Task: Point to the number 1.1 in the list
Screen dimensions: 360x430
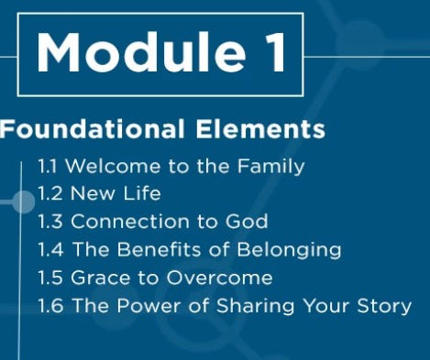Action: click(x=49, y=167)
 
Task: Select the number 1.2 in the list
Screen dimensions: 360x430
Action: click(x=50, y=194)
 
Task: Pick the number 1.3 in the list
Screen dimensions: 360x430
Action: click(x=50, y=222)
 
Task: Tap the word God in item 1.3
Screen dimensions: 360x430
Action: click(x=248, y=222)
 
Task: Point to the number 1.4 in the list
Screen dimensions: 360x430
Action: click(x=50, y=249)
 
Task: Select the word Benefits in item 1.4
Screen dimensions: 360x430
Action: click(x=156, y=249)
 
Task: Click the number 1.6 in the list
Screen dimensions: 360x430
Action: click(x=50, y=305)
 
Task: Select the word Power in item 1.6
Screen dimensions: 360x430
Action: click(x=146, y=305)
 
